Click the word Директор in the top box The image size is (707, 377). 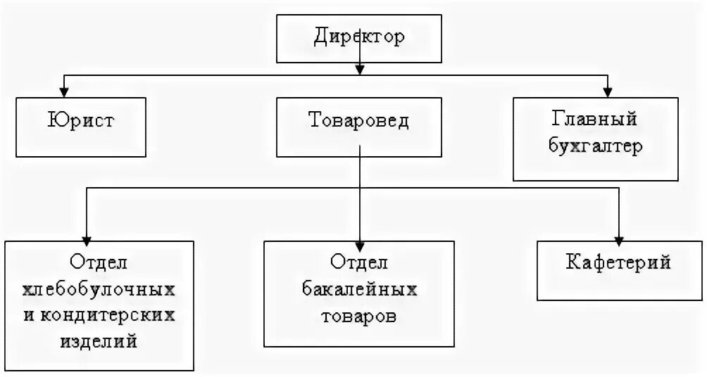click(359, 37)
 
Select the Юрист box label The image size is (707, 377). click(81, 120)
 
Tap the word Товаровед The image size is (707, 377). click(359, 120)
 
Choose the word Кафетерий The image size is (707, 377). click(618, 263)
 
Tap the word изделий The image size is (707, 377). click(99, 341)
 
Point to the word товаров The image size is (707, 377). click(359, 315)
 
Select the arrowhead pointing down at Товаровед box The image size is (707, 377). click(360, 69)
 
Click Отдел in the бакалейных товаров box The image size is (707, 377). click(359, 262)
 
